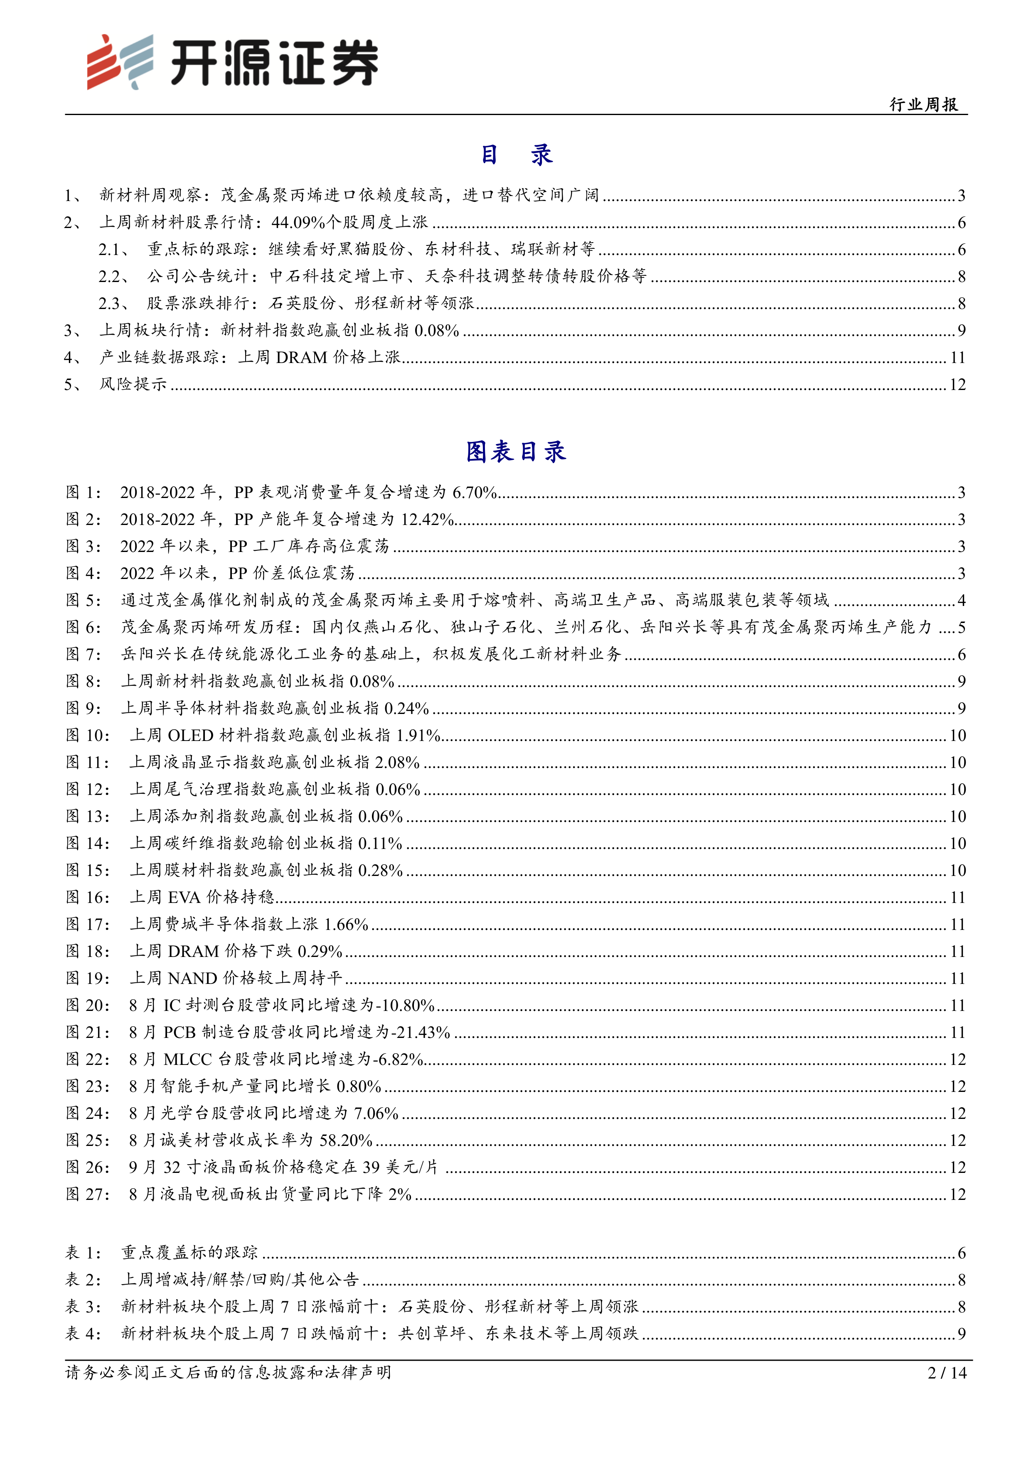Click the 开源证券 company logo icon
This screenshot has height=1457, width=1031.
120,61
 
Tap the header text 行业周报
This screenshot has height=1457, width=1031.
924,105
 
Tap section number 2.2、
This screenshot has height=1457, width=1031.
114,277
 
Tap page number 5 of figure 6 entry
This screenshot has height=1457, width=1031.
961,628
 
